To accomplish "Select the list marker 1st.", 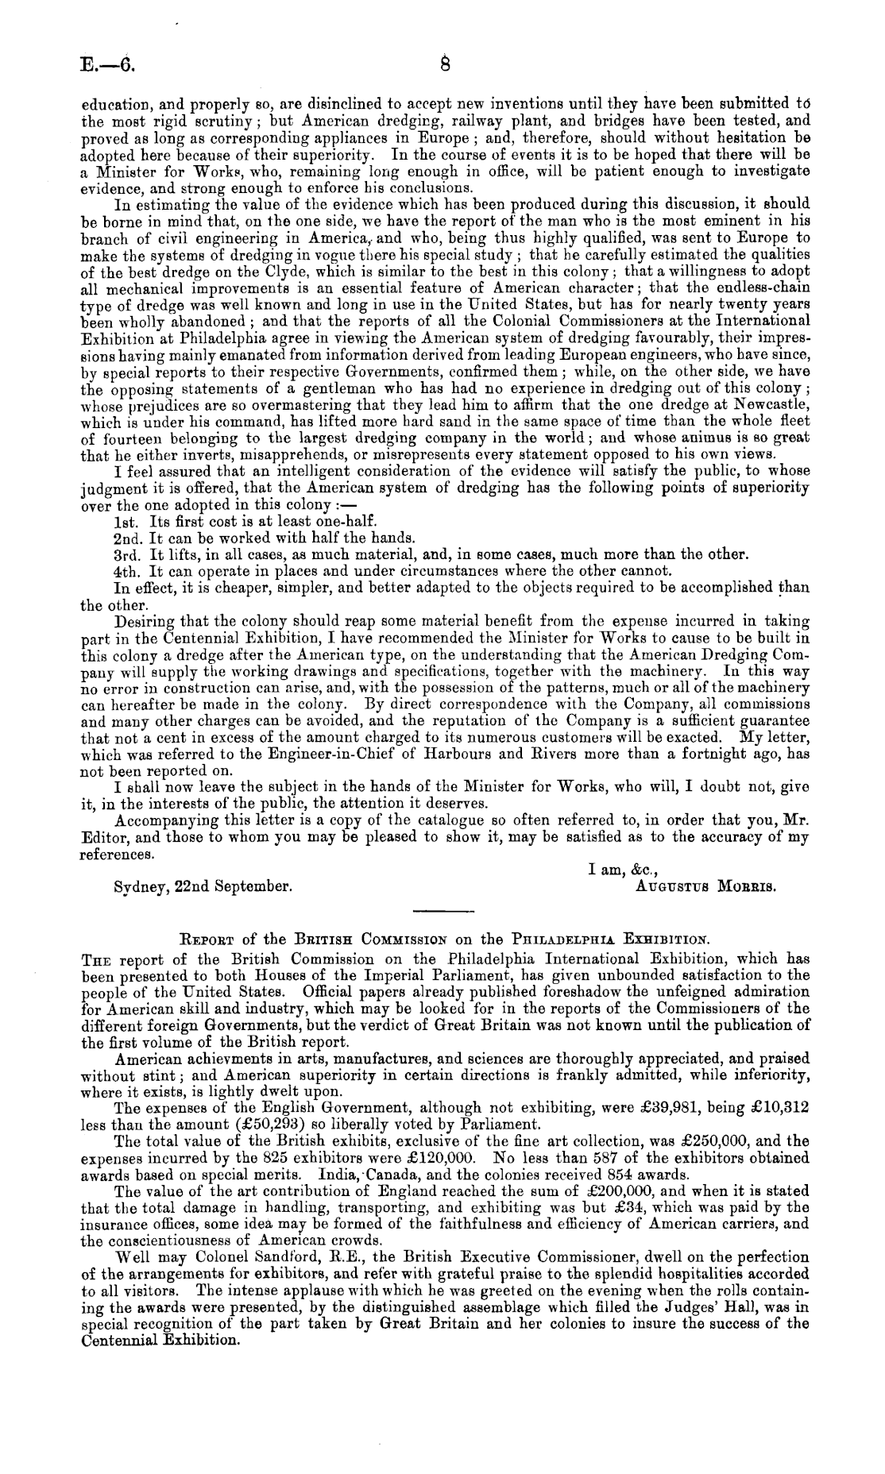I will click(x=129, y=522).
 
